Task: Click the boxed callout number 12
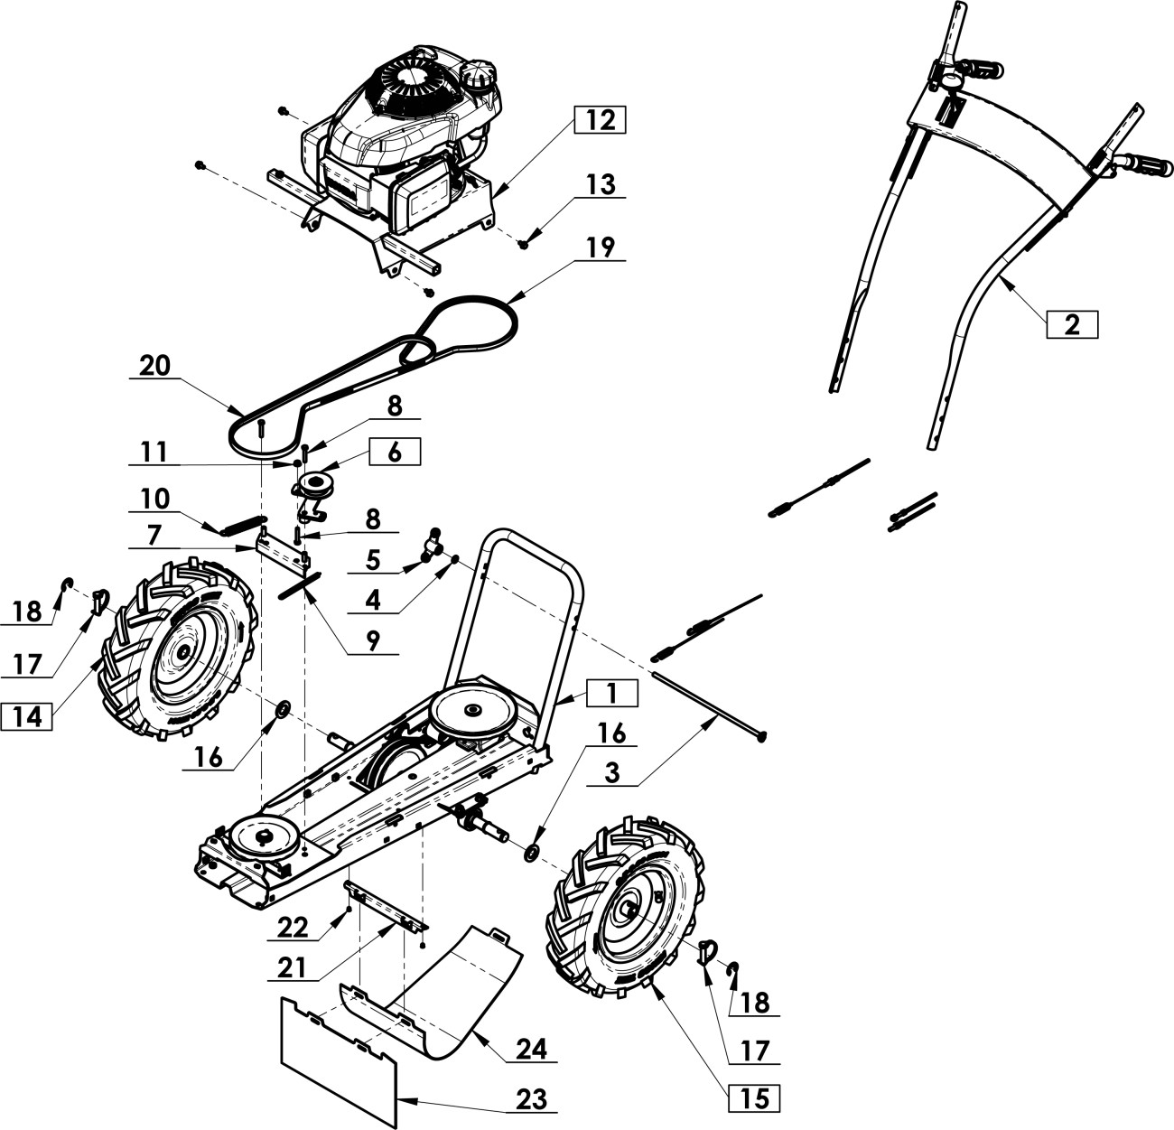click(x=599, y=120)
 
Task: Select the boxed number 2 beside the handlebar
click(x=1072, y=324)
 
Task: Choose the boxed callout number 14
click(x=27, y=717)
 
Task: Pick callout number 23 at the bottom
click(x=532, y=1099)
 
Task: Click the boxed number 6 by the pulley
click(x=394, y=453)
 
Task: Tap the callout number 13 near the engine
click(x=600, y=184)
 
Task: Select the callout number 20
click(x=154, y=365)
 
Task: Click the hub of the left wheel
click(x=183, y=650)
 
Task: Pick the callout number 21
click(x=292, y=967)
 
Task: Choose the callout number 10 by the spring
click(x=155, y=499)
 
